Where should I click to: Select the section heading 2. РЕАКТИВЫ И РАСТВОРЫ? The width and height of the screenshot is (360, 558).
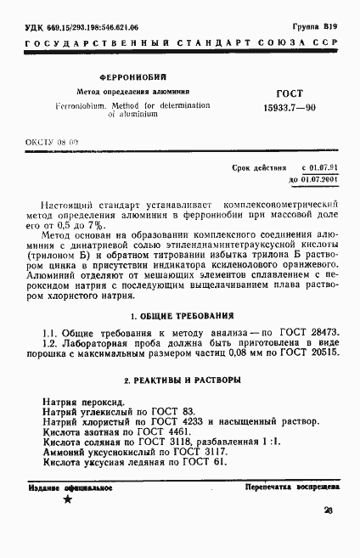point(175,377)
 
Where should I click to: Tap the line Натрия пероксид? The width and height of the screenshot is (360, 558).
point(83,400)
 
